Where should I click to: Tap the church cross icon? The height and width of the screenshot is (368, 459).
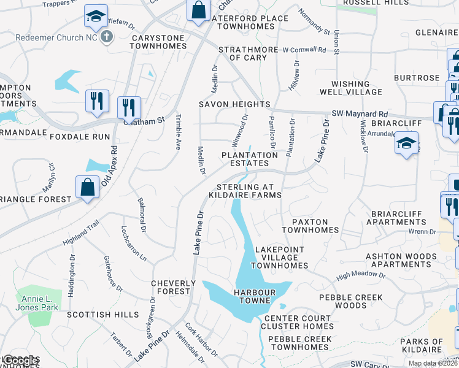click(107, 36)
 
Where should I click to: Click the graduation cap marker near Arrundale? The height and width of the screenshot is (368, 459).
click(406, 144)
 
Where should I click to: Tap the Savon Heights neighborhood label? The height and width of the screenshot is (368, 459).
click(234, 104)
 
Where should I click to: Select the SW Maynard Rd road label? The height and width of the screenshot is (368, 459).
click(360, 114)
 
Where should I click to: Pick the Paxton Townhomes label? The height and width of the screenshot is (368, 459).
click(310, 226)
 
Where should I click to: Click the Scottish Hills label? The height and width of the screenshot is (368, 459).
click(102, 315)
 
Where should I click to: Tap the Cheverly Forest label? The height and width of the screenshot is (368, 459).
click(174, 288)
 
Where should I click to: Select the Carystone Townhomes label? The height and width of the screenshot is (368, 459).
click(158, 42)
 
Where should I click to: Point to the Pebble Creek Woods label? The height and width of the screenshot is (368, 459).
click(351, 301)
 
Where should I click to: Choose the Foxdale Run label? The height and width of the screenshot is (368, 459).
click(80, 137)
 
